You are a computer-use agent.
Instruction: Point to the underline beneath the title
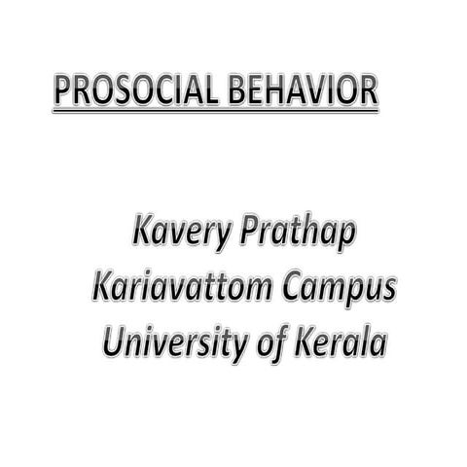click(214, 111)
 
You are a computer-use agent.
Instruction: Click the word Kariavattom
click(184, 289)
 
